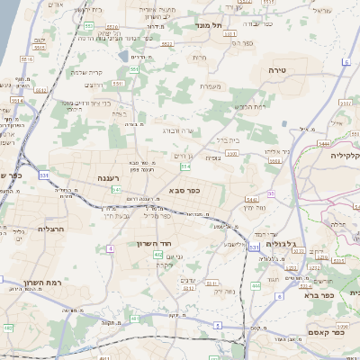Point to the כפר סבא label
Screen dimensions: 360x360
[184, 190]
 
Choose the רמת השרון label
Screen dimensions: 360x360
[42, 282]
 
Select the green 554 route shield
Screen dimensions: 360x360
[184, 166]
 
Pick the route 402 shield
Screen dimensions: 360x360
[158, 256]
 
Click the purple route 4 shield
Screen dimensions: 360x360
[110, 247]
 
